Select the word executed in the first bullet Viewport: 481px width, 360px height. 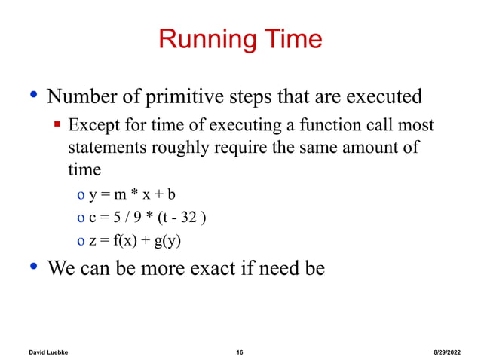(x=378, y=98)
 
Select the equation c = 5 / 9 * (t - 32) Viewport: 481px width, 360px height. (x=147, y=218)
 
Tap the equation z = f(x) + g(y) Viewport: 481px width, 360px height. (x=136, y=241)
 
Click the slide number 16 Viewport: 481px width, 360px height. (x=240, y=352)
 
